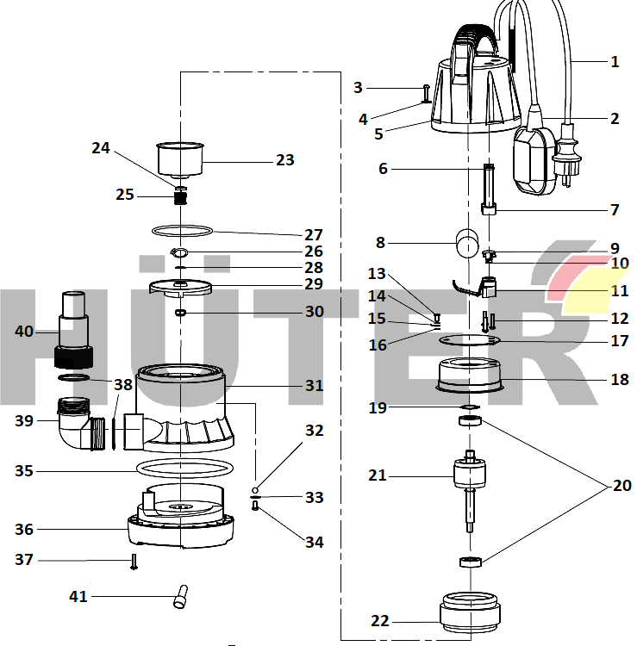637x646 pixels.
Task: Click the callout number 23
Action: [284, 160]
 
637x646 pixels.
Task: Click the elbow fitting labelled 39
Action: [78, 422]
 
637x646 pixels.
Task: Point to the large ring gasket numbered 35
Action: [184, 468]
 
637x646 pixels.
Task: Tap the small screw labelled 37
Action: [134, 562]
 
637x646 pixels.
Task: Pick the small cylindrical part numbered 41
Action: [181, 596]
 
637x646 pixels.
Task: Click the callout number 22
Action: [379, 621]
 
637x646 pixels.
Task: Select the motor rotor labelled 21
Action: [470, 478]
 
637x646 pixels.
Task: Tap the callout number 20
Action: [621, 486]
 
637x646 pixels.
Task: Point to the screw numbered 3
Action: [426, 93]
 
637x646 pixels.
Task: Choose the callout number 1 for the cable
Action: [615, 62]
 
